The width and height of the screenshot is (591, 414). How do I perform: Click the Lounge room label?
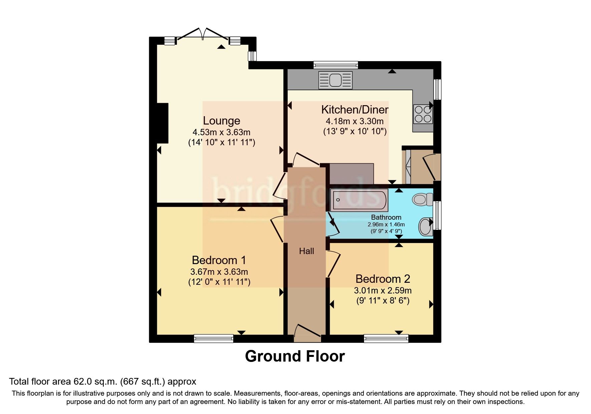[x=221, y=121]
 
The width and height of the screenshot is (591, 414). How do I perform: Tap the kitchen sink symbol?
[x=335, y=80]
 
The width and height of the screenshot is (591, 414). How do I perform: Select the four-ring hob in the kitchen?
[x=423, y=114]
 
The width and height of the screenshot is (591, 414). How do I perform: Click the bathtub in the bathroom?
[x=359, y=200]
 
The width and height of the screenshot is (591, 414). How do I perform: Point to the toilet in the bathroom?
[x=422, y=200]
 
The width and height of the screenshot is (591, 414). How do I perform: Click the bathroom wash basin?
[x=425, y=227]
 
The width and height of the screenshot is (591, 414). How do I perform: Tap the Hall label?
[x=306, y=251]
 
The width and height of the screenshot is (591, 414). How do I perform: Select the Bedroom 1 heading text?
[x=219, y=260]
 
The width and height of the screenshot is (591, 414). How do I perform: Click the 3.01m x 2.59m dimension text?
[x=382, y=290]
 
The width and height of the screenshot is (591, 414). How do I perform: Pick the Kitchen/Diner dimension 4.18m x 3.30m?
[x=354, y=121]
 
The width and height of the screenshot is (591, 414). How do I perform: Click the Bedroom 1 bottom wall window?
[x=214, y=339]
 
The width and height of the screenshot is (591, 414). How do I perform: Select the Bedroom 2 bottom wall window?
[x=386, y=339]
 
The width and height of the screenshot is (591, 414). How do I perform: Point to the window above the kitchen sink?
[x=336, y=65]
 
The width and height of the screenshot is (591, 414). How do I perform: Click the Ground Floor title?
[x=295, y=356]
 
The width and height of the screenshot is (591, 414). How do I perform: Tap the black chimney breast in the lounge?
[x=162, y=123]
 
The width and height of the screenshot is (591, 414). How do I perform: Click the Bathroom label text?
[x=386, y=217]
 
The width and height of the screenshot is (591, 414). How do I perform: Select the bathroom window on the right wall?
[x=437, y=215]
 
